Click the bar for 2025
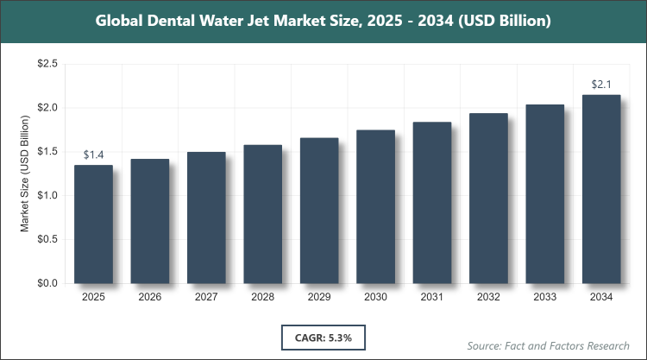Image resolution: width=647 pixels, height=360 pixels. [x=93, y=224]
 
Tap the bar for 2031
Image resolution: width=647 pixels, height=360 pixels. [x=432, y=202]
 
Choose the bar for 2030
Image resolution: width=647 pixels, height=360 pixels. [x=375, y=206]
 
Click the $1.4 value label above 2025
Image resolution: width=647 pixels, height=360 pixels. [x=93, y=155]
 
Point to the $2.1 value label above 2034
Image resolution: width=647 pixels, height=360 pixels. [x=601, y=85]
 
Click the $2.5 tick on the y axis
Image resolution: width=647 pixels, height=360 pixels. [x=47, y=64]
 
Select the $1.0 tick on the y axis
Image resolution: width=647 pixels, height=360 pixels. [x=47, y=195]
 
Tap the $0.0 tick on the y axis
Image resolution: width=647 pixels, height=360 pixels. [x=47, y=283]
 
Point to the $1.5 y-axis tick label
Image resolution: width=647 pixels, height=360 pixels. [x=47, y=152]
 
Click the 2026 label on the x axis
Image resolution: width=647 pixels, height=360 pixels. [x=149, y=297]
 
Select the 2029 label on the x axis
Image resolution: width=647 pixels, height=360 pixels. [x=319, y=297]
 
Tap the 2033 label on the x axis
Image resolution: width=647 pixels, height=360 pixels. [x=545, y=297]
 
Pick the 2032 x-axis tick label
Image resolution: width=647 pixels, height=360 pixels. [x=488, y=297]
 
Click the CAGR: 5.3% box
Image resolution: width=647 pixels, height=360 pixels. [x=323, y=335]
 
